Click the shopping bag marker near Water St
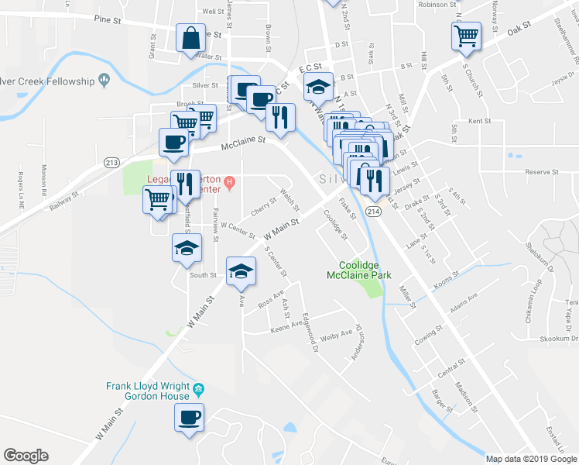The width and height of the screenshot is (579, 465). pos(190,38)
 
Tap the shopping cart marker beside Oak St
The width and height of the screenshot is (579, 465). pos(466,36)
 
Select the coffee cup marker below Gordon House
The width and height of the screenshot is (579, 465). pos(189,418)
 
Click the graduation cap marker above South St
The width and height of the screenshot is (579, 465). pos(187,250)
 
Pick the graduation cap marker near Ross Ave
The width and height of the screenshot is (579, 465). pos(241,271)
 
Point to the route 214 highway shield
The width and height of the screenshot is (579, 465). pos(375,212)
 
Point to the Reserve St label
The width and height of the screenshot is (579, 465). pos(541,171)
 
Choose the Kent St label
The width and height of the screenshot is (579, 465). pos(480,121)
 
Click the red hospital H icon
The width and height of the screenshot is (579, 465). pos(229,183)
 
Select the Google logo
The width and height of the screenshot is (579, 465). pos(26,456)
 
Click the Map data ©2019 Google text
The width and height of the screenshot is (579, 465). pos(530,459)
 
